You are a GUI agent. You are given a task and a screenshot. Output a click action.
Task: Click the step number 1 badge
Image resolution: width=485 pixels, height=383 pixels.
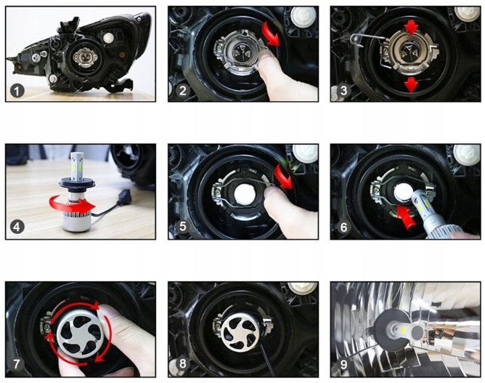pos(17,91)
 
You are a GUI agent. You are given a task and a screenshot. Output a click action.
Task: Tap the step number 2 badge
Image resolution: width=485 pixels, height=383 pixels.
pos(182,90)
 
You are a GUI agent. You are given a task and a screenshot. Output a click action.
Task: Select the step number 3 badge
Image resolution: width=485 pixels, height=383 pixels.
pos(343,90)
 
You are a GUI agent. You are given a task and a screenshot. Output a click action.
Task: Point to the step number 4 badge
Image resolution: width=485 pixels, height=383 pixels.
pos(17,227)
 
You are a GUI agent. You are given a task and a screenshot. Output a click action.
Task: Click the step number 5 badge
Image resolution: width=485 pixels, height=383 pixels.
pos(182,226)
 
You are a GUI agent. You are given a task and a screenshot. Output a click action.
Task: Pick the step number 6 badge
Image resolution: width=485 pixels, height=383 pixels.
pos(343,227)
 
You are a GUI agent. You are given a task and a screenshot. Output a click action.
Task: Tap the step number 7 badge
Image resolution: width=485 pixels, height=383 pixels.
pos(17,364)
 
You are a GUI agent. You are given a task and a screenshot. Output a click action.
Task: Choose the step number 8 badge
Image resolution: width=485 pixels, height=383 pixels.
pos(182,363)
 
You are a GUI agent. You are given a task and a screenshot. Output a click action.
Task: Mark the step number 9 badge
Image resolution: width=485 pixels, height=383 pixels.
pos(343,364)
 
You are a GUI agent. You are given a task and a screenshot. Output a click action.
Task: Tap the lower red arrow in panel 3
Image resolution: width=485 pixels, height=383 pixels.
pos(411,84)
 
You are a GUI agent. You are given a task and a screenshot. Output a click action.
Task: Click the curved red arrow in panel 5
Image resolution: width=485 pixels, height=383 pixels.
pos(283,177)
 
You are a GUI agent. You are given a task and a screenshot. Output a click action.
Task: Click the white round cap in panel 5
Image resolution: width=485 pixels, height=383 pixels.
pos(245,195)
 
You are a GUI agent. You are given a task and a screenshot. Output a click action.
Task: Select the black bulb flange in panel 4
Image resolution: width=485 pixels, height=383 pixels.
pos(75,182)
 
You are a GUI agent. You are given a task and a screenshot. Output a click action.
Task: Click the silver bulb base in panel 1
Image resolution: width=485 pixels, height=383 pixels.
pos(86,57)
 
